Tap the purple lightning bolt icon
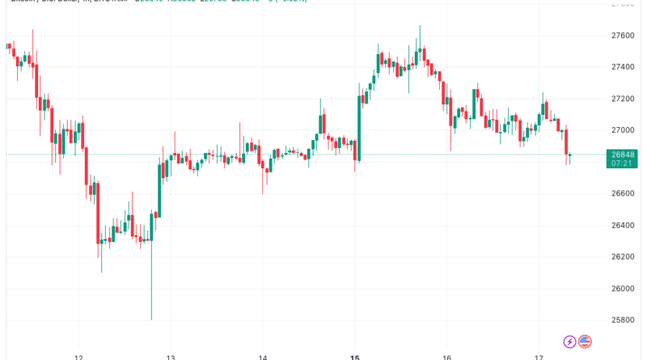(570, 342)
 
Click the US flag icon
(585, 342)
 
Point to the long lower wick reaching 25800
(151, 291)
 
